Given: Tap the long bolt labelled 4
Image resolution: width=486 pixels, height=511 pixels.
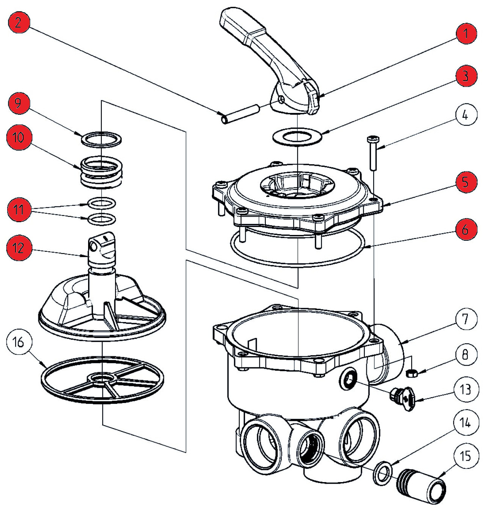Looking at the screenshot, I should coord(371,154).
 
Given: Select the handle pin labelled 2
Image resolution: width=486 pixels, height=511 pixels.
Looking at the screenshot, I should coord(239,114).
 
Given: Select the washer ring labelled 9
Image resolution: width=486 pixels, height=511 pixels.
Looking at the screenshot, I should coord(101,139).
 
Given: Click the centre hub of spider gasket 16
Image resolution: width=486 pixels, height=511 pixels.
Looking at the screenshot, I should coord(102,379).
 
